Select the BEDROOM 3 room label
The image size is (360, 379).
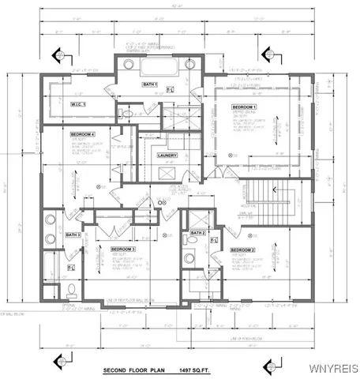pos(123,250)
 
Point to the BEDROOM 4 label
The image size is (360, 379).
pos(83,134)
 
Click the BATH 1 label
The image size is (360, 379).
pos(150,84)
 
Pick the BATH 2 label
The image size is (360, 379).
pos(197,234)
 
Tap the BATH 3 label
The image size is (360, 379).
pos(73,235)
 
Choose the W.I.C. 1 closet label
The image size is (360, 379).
pos(77,104)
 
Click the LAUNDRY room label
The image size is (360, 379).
pos(167,156)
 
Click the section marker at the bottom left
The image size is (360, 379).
pos(57,362)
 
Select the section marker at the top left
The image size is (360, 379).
pos(57,55)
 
